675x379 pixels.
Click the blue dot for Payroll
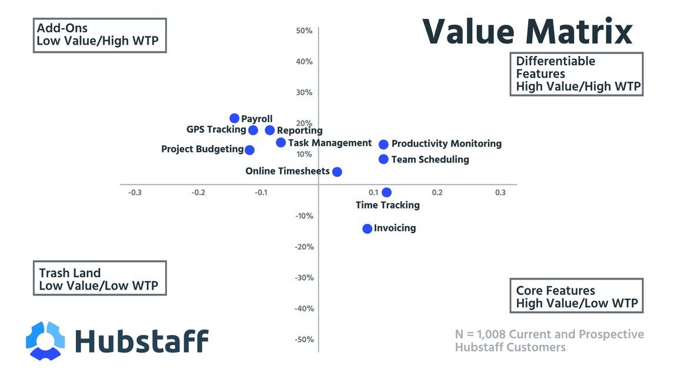click(235, 118)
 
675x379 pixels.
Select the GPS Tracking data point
click(253, 130)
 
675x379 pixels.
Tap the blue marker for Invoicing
click(367, 229)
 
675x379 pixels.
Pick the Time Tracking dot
click(386, 192)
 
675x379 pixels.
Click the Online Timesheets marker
click(337, 172)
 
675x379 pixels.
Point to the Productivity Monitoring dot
click(383, 144)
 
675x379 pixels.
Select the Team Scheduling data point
click(383, 159)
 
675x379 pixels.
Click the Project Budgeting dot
click(249, 150)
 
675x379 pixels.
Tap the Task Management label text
click(330, 143)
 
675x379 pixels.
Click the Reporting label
click(300, 130)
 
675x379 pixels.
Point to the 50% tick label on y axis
click(304, 31)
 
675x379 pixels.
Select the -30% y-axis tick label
click(303, 277)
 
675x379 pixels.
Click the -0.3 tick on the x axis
click(135, 193)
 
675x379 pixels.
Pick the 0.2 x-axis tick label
click(437, 193)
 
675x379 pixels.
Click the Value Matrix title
click(527, 31)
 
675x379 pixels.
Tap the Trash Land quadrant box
click(99, 279)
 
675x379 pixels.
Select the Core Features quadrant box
click(576, 296)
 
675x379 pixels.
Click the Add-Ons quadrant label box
click(99, 35)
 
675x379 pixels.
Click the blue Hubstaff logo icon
click(45, 340)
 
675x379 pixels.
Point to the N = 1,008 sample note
click(549, 341)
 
